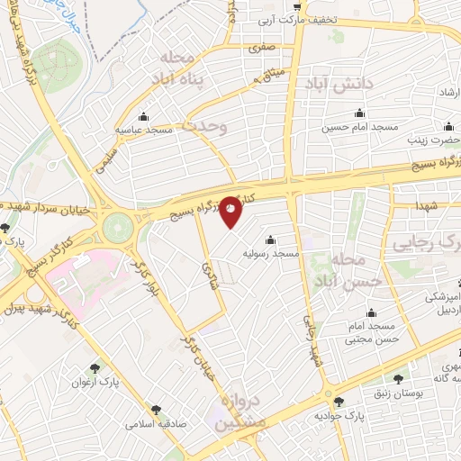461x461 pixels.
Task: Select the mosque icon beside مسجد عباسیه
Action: [143, 116]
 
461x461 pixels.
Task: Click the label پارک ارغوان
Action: [95, 383]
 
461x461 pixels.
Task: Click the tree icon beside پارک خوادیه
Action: [339, 402]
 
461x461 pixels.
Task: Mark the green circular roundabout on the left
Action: [117, 228]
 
